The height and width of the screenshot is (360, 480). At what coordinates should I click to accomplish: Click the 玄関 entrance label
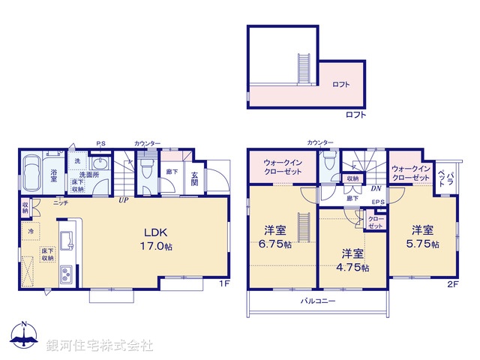click(194, 178)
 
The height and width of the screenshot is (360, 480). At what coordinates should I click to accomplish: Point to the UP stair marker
click(121, 200)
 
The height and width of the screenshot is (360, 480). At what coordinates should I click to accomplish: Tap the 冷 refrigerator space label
click(31, 232)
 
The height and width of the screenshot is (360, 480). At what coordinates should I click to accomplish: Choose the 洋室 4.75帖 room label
click(353, 259)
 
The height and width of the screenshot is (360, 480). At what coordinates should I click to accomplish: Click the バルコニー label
click(318, 301)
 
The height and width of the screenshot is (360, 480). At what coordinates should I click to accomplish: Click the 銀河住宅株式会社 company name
click(99, 345)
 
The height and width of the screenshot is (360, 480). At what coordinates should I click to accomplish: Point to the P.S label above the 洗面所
click(100, 143)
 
